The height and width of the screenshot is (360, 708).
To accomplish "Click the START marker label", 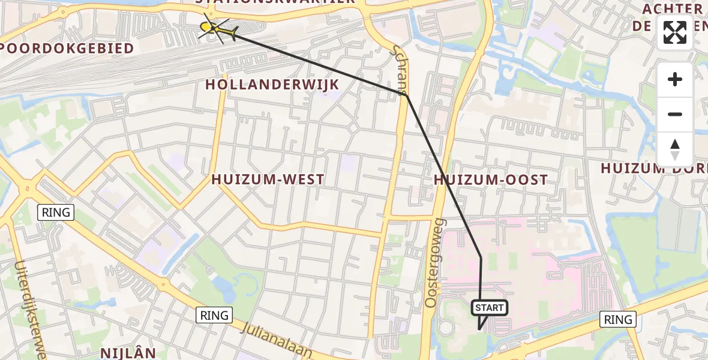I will coord(490,308).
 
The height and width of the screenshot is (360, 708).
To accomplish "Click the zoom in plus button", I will coord(675,79).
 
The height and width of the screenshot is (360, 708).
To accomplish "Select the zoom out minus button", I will coord(675,114).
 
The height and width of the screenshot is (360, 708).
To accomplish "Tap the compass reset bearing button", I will coord(675,149).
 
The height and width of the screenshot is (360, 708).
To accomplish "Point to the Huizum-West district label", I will coord(268,179).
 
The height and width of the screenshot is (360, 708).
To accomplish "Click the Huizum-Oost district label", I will coord(491,179).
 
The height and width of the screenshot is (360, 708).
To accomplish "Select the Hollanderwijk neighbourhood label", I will coord(272,85).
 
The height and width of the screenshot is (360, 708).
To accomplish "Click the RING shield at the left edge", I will coord(56,212).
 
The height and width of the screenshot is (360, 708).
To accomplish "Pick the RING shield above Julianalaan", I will coord(214,315).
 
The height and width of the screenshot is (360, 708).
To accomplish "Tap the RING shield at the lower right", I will coord(618,319).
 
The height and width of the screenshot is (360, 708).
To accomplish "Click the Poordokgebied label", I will coord(67,49).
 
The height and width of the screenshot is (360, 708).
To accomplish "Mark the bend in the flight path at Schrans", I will coord(407,95).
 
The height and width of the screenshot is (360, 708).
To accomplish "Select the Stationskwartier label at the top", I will coord(275,2).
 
